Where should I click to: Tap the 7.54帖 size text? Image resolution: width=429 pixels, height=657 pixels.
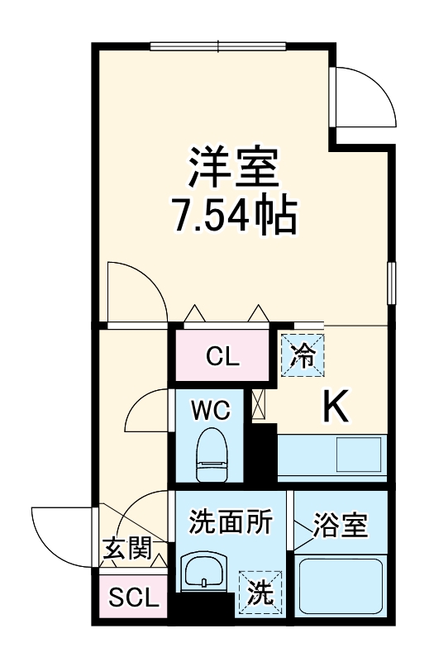[x=235, y=215]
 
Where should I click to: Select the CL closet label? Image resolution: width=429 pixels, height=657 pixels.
[x=222, y=357]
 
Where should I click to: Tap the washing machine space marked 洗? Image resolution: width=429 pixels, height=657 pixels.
[x=260, y=592]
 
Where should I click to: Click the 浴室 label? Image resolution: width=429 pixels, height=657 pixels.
[x=340, y=523]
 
